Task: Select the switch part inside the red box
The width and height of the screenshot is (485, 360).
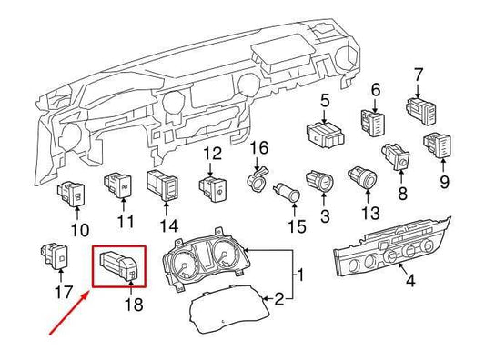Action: click(117, 265)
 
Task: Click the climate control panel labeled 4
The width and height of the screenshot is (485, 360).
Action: click(393, 250)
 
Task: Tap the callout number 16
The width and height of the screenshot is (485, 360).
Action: click(259, 147)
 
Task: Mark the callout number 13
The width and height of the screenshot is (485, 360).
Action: click(369, 213)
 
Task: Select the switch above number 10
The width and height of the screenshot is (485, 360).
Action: click(73, 193)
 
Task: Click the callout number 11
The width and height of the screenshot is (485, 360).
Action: click(125, 221)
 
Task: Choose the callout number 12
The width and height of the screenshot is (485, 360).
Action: click(211, 154)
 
